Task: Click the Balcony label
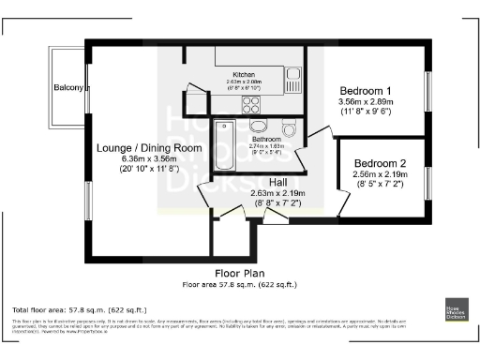point(68,89)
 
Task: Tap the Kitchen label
point(244,74)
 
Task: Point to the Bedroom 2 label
point(382,161)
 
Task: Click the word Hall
point(278,182)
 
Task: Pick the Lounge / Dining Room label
point(149,147)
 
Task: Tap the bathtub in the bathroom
point(226,147)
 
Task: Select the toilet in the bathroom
point(288,128)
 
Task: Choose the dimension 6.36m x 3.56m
point(149,158)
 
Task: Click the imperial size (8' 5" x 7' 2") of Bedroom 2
point(382,185)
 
